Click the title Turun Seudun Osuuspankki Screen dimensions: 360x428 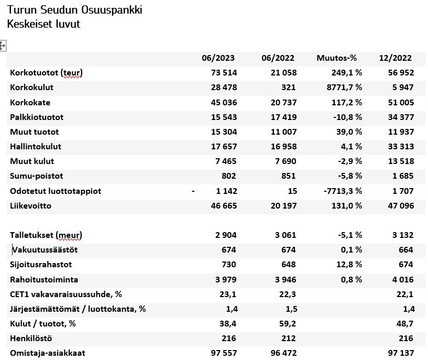[75, 10]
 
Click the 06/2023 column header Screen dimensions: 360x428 [218, 58]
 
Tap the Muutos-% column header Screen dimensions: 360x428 [336, 58]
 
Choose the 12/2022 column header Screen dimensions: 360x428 [396, 58]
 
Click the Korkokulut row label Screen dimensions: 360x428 [32, 88]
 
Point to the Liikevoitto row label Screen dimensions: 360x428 [30, 206]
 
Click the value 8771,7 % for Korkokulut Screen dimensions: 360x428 [341, 88]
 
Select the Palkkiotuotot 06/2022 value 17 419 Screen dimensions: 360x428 [282, 117]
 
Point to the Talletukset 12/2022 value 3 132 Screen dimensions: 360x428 [402, 235]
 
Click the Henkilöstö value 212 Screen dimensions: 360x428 [288, 339]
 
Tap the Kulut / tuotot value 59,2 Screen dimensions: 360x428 [287, 324]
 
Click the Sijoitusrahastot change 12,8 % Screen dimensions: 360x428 [347, 265]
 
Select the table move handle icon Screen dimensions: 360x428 [3, 46]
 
